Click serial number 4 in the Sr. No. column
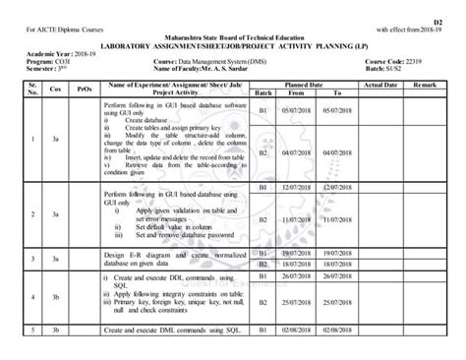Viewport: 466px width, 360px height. point(33,294)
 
